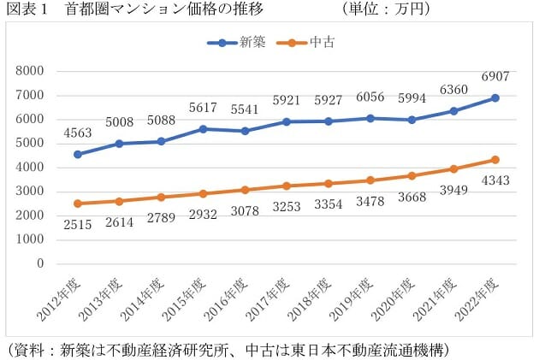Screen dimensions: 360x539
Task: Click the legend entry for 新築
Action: pos(242,42)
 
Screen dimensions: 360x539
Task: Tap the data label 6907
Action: pos(495,77)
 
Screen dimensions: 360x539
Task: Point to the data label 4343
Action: pos(495,181)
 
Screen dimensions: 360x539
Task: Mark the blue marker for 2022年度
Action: pos(495,97)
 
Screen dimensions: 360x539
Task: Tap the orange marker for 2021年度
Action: pos(455,169)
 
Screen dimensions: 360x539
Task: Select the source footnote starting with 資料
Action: pos(227,350)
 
